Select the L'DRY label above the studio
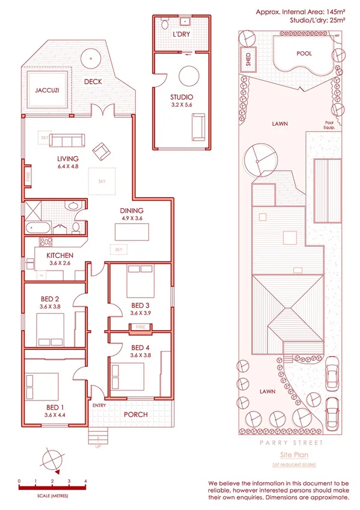pyautogui.click(x=182, y=35)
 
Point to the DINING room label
pyautogui.click(x=131, y=210)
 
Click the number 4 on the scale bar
pyautogui.click(x=86, y=482)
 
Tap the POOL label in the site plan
pyautogui.click(x=304, y=54)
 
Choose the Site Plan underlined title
pyautogui.click(x=293, y=455)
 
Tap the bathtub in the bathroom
pyautogui.click(x=37, y=227)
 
